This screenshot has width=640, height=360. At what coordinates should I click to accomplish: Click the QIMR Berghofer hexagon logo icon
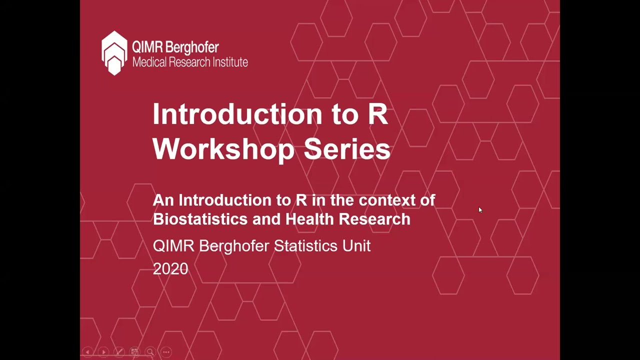point(114,53)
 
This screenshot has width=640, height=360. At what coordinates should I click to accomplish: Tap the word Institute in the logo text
point(228,62)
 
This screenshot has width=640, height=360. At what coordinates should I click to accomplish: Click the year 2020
point(170,269)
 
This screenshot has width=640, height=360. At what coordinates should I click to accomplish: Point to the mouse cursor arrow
point(480,210)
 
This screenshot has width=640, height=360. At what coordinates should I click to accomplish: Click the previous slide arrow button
point(87,352)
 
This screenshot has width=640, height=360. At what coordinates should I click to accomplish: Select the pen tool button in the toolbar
point(119,352)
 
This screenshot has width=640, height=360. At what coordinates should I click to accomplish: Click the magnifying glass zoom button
point(150,352)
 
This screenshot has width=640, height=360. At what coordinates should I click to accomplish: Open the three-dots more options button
point(166,352)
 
